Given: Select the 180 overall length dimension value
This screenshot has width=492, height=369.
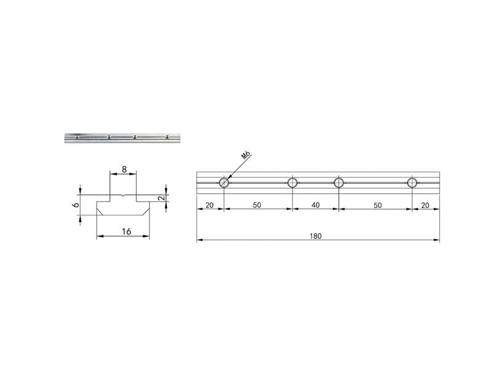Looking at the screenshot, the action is click(x=315, y=236).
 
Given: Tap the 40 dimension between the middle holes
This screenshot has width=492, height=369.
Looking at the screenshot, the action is click(x=315, y=205).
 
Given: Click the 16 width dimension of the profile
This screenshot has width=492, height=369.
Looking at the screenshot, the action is click(x=126, y=232).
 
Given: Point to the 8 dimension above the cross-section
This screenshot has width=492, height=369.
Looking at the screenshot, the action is click(x=124, y=170).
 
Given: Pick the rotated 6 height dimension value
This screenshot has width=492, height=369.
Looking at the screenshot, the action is click(x=75, y=205).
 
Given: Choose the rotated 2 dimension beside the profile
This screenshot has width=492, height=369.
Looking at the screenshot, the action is click(x=161, y=198).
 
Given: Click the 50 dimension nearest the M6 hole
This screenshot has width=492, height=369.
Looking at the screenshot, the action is click(x=256, y=205).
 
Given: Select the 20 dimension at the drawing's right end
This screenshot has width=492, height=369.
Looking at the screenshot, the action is click(x=425, y=205).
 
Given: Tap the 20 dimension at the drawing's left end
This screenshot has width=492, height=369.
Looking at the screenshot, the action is click(x=209, y=205).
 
